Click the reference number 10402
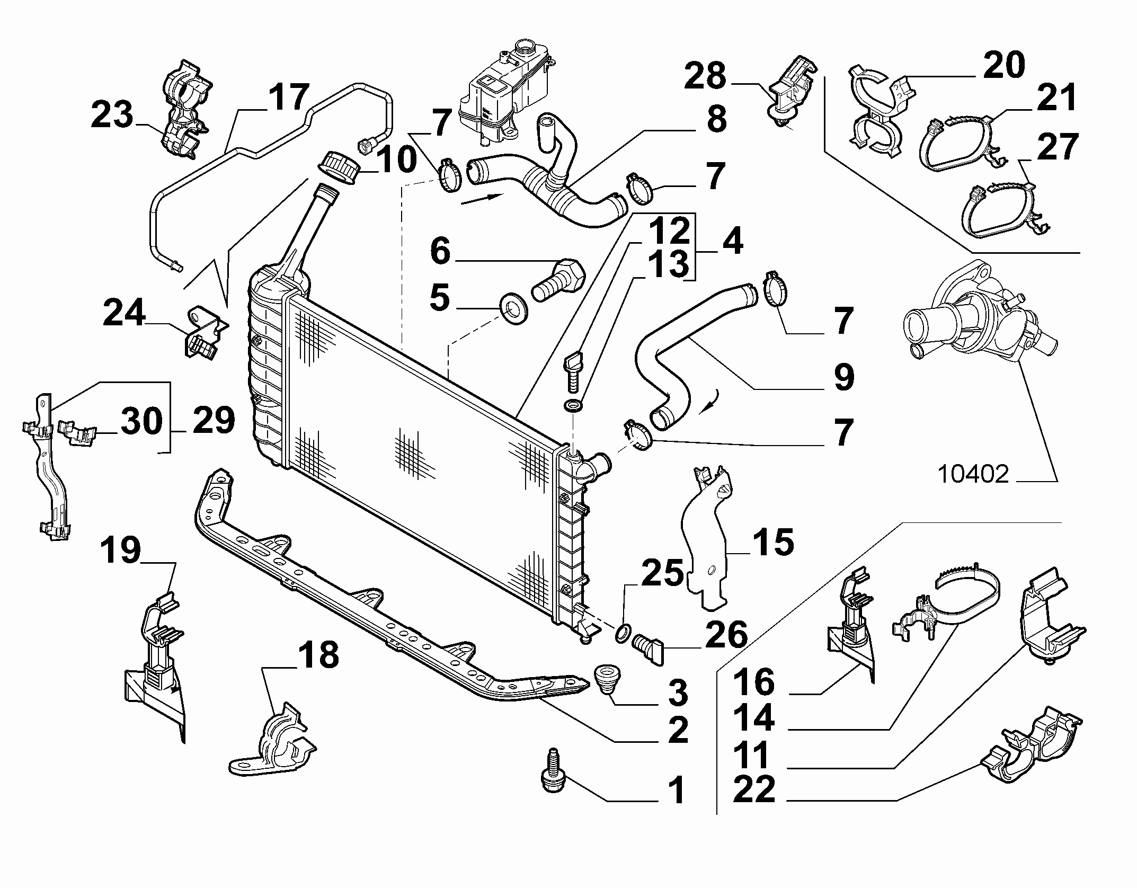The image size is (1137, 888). [973, 474]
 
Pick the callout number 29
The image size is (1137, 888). [214, 422]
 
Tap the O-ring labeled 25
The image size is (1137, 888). [623, 632]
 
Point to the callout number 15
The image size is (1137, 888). [774, 543]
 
